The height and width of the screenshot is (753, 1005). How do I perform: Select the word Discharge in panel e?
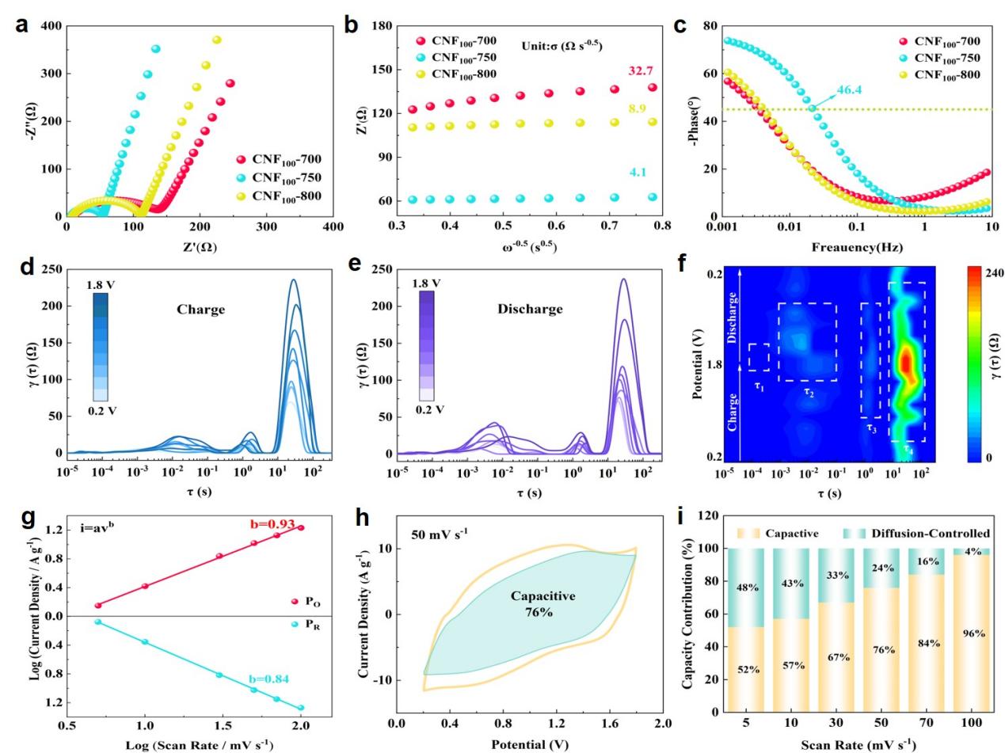tap(530, 310)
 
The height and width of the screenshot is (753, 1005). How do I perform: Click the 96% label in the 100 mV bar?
tap(973, 633)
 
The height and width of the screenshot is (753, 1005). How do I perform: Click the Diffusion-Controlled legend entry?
tap(931, 534)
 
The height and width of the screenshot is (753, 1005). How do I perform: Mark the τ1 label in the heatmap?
tap(759, 387)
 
